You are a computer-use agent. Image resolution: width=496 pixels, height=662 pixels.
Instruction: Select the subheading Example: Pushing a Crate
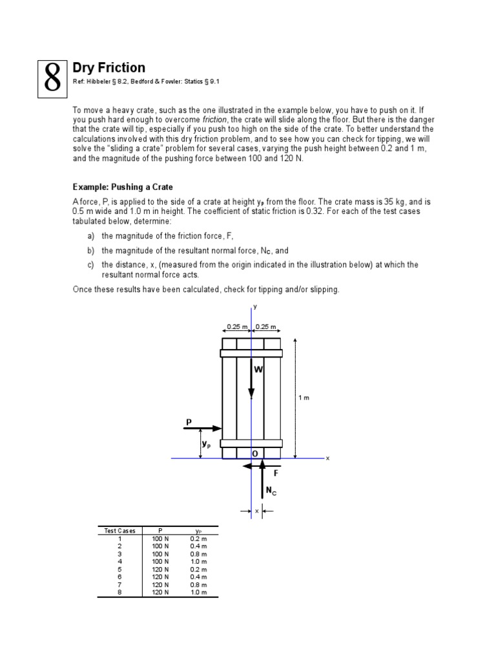(x=123, y=187)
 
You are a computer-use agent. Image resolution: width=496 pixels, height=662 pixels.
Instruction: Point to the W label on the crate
(x=258, y=370)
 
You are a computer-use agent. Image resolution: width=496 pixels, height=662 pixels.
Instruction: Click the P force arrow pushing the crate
(x=203, y=428)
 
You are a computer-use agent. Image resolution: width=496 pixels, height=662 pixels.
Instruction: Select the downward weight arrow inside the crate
(x=252, y=382)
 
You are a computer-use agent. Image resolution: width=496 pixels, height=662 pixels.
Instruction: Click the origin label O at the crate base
(x=255, y=454)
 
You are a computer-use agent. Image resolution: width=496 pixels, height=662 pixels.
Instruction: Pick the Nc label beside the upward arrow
(x=271, y=491)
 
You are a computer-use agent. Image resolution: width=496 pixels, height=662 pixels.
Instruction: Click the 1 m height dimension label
(x=304, y=398)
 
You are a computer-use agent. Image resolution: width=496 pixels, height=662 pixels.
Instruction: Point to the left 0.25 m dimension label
(x=236, y=327)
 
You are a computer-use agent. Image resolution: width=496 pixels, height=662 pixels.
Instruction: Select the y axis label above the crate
(x=254, y=306)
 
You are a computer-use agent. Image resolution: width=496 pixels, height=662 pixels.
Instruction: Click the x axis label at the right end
(x=327, y=458)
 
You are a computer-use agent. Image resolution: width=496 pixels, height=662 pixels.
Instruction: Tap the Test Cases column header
(x=120, y=531)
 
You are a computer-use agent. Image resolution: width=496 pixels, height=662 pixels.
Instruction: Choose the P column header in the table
(x=160, y=531)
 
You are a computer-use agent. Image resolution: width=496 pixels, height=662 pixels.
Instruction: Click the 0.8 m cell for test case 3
(x=198, y=554)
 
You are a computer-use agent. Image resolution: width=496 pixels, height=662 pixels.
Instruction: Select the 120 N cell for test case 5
(x=160, y=569)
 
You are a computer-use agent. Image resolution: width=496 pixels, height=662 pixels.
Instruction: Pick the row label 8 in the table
(x=119, y=592)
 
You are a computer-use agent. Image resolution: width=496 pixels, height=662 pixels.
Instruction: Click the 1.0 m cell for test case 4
(x=198, y=561)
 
